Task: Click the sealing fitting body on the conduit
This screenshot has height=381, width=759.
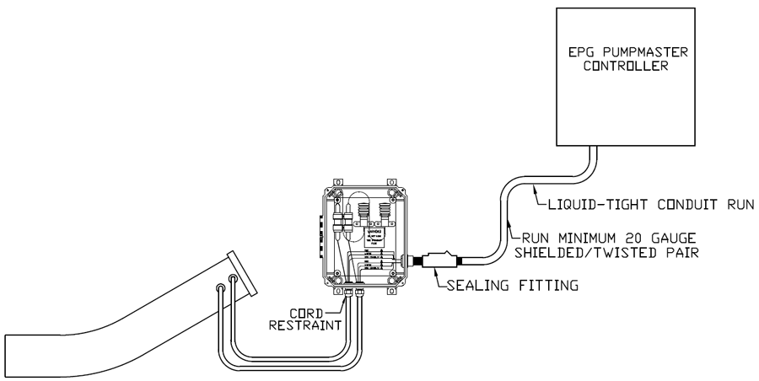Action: click(x=439, y=260)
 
